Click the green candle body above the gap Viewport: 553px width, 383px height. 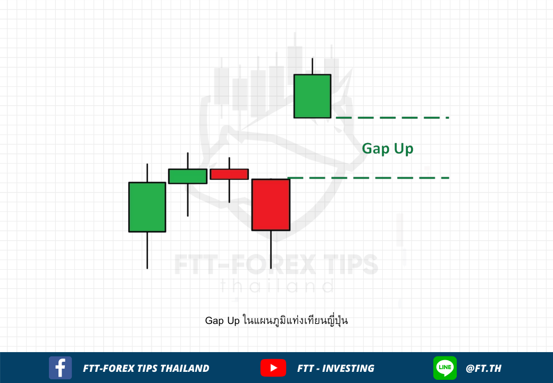pyautogui.click(x=313, y=96)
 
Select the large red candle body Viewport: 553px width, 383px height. pyautogui.click(x=271, y=205)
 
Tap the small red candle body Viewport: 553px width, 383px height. pyautogui.click(x=229, y=174)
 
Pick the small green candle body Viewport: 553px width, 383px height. pyautogui.click(x=188, y=176)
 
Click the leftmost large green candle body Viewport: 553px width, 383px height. pyautogui.click(x=147, y=207)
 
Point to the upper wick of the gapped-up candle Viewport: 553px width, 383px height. pyautogui.click(x=312, y=66)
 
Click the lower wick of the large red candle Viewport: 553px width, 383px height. pyautogui.click(x=271, y=249)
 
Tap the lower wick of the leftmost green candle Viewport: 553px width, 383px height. pyautogui.click(x=147, y=251)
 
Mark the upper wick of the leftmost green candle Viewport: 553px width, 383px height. pyautogui.click(x=147, y=173)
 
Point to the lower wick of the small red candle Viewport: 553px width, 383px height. pyautogui.click(x=229, y=191)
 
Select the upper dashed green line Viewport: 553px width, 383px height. pyautogui.click(x=392, y=118)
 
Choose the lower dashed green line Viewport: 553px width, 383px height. pyautogui.click(x=368, y=178)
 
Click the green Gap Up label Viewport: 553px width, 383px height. pyautogui.click(x=388, y=148)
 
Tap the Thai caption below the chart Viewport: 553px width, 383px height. pyautogui.click(x=276, y=320)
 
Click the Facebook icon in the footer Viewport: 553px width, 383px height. pyautogui.click(x=60, y=368)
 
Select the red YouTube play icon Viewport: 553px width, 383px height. pyautogui.click(x=273, y=368)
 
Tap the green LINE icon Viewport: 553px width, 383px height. pyautogui.click(x=445, y=368)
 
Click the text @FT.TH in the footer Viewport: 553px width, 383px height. pyautogui.click(x=483, y=368)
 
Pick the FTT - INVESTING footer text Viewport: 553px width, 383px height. pyautogui.click(x=336, y=368)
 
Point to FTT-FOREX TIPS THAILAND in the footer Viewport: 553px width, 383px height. pyautogui.click(x=146, y=368)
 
